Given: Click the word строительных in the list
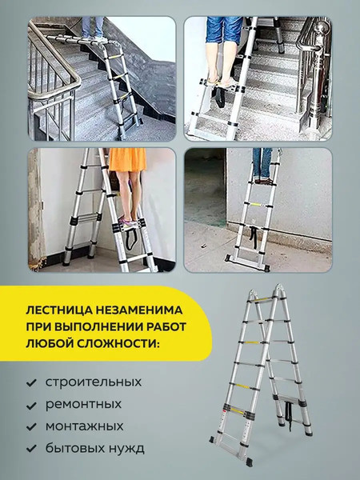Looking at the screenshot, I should pos(94,382).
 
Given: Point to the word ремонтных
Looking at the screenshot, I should pos(84,404).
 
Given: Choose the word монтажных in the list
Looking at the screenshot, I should pos(85,426).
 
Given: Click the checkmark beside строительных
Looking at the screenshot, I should pos(31,382).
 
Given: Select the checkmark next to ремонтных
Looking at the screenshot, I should pos(31,405).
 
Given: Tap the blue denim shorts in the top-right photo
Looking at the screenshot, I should pos(226,30).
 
